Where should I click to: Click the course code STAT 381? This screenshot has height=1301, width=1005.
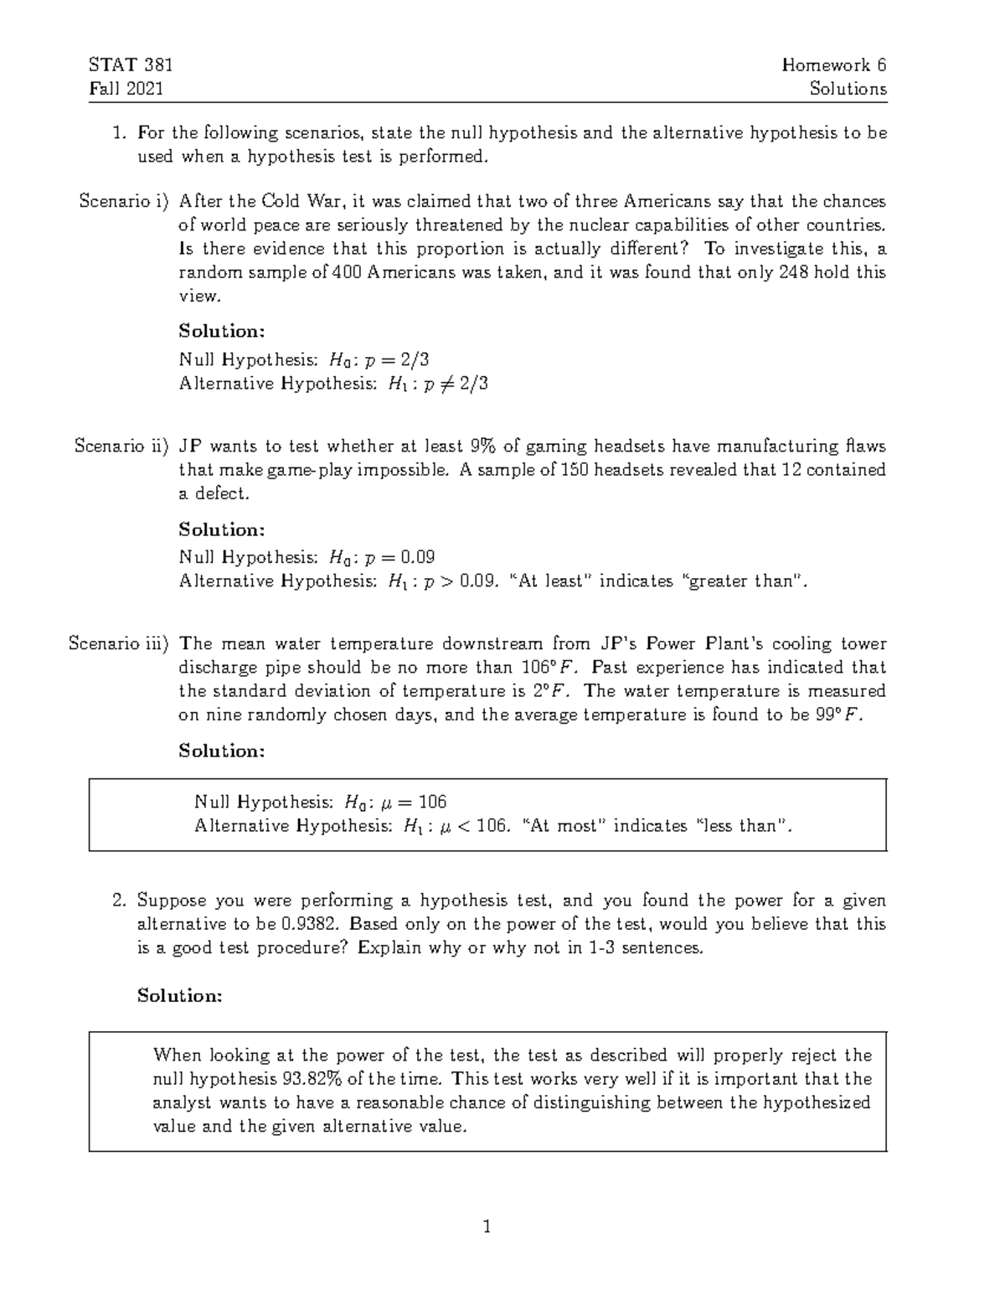[x=130, y=65]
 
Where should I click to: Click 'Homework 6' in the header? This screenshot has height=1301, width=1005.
[x=833, y=65]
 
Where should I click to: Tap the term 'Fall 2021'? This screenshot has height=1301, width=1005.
[x=126, y=89]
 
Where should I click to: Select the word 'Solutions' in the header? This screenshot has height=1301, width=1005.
[x=848, y=89]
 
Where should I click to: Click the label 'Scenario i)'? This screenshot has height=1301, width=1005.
[x=123, y=201]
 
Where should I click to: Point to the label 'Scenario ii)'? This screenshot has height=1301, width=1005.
[x=121, y=447]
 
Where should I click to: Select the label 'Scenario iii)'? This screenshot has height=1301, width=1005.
[x=118, y=644]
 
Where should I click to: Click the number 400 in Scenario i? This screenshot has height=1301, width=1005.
[x=347, y=272]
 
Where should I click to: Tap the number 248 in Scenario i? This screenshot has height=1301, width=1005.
[x=795, y=272]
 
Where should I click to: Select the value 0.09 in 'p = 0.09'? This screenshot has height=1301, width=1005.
[x=418, y=557]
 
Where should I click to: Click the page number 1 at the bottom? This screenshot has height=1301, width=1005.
[x=487, y=1228]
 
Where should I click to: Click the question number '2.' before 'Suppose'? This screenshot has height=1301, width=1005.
[x=119, y=901]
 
